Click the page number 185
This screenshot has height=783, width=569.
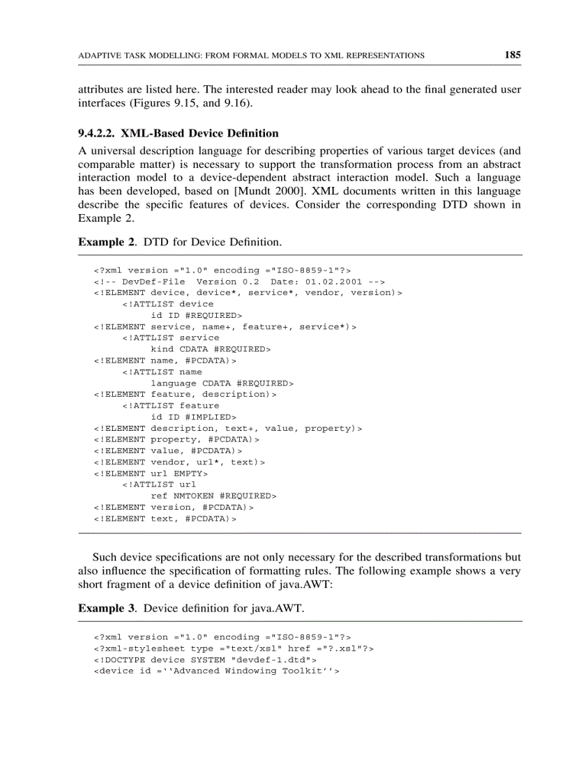click(x=513, y=55)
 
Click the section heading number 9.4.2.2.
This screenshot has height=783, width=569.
click(x=98, y=133)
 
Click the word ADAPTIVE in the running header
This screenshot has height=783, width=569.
click(x=96, y=56)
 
